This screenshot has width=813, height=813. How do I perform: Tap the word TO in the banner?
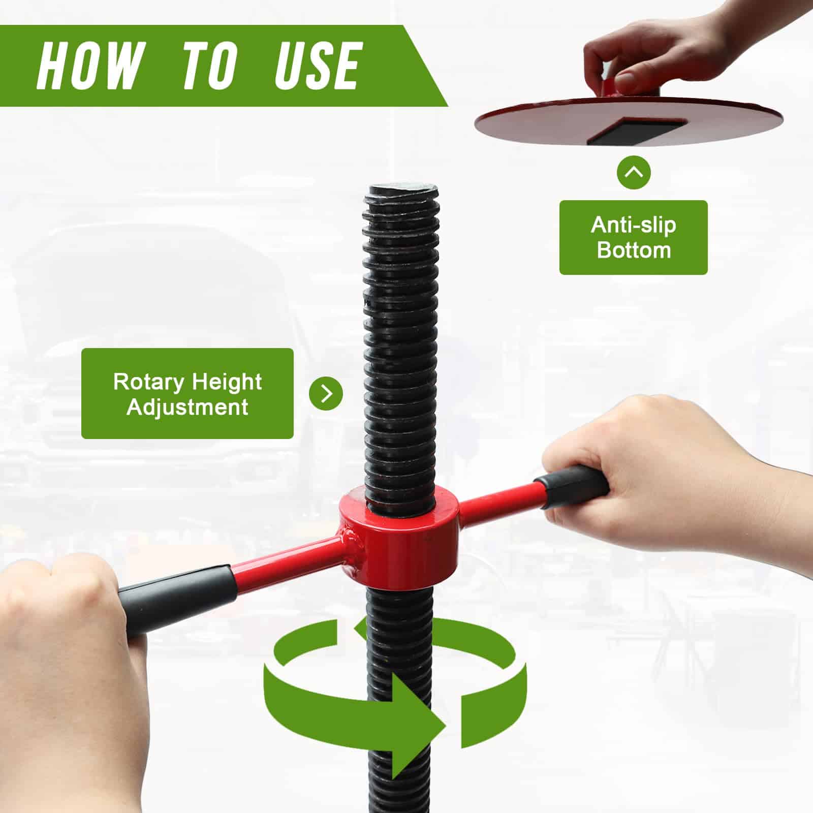[209, 66]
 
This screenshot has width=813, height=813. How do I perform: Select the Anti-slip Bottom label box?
[633, 237]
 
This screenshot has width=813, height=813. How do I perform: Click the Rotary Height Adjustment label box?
[187, 393]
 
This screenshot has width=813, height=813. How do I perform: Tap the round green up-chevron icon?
[634, 172]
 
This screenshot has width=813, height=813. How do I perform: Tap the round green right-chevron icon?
[326, 393]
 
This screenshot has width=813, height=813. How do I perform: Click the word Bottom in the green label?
[633, 251]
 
